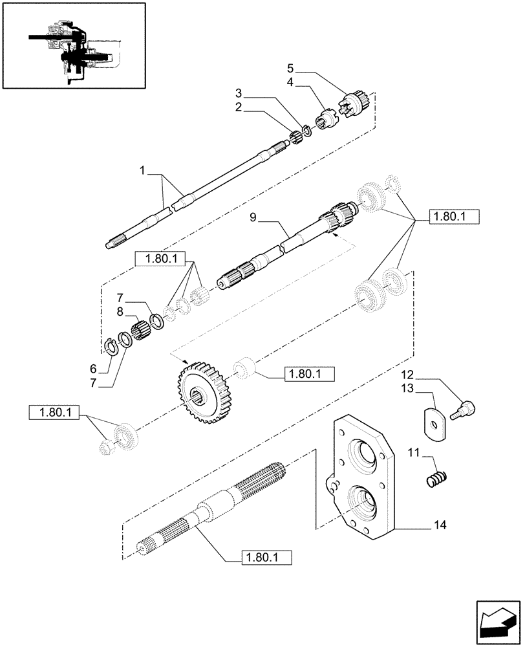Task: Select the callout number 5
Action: (x=290, y=68)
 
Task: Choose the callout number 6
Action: (x=94, y=368)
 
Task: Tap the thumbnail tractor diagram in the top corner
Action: (x=74, y=45)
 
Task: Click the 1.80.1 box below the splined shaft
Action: (x=266, y=556)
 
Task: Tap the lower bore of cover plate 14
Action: (x=363, y=502)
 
